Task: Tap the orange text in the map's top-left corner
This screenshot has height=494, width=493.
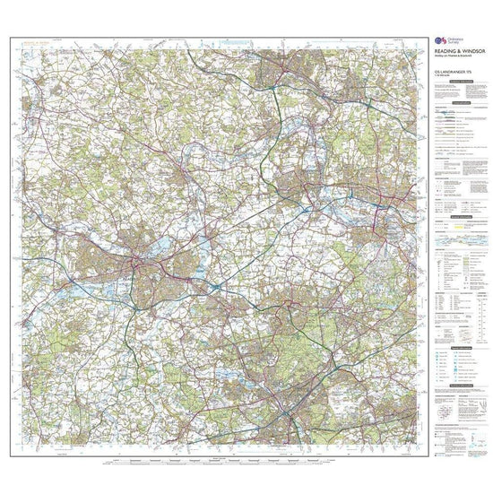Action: pyautogui.click(x=36, y=43)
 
